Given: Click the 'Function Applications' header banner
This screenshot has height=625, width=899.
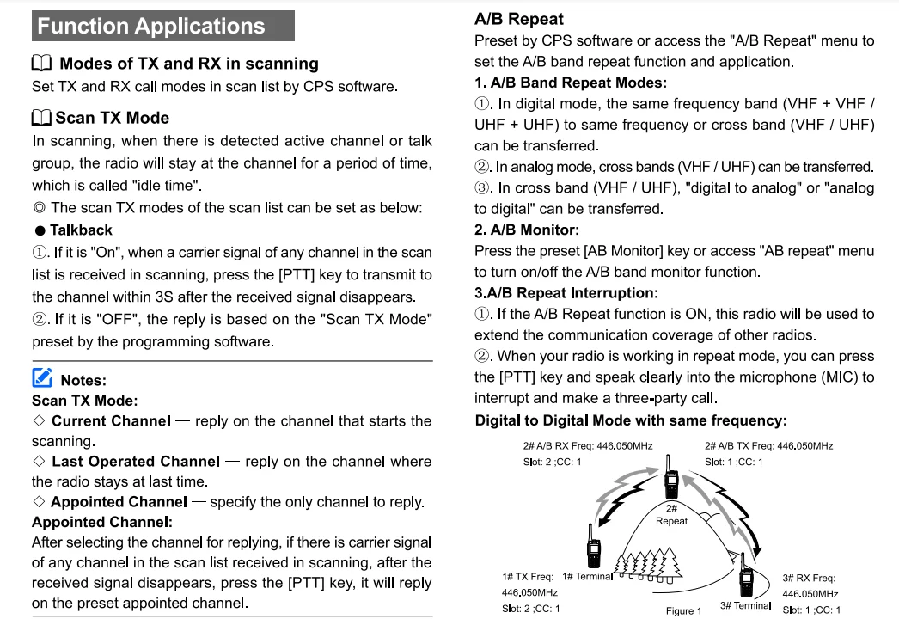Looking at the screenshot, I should [x=162, y=26].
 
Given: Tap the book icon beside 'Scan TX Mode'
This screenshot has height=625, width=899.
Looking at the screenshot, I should [x=41, y=118].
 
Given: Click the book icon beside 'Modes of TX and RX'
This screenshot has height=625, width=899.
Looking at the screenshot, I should [x=42, y=64].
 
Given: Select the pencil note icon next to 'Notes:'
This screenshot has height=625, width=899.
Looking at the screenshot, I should [x=42, y=378].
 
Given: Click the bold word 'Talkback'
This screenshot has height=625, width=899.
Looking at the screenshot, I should [x=81, y=230].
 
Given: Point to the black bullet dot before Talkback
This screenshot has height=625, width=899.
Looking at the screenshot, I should [x=40, y=231].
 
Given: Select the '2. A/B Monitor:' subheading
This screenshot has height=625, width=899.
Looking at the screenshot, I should [x=527, y=230].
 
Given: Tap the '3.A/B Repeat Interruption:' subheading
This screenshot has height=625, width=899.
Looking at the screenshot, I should [x=566, y=292].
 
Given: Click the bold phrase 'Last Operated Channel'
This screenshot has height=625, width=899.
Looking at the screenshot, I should [x=135, y=462].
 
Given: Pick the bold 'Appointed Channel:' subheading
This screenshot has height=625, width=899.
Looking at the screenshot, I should [x=102, y=522].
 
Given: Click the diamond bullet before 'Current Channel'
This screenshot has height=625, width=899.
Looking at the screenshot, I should [x=39, y=421].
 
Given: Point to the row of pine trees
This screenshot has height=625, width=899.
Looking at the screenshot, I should [x=650, y=567].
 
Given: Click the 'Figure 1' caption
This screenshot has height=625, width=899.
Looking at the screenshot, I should [x=683, y=611].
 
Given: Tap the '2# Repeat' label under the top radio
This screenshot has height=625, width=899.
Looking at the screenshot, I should [x=671, y=515].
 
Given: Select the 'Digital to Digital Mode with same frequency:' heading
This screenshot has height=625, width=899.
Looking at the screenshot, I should [x=631, y=420].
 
